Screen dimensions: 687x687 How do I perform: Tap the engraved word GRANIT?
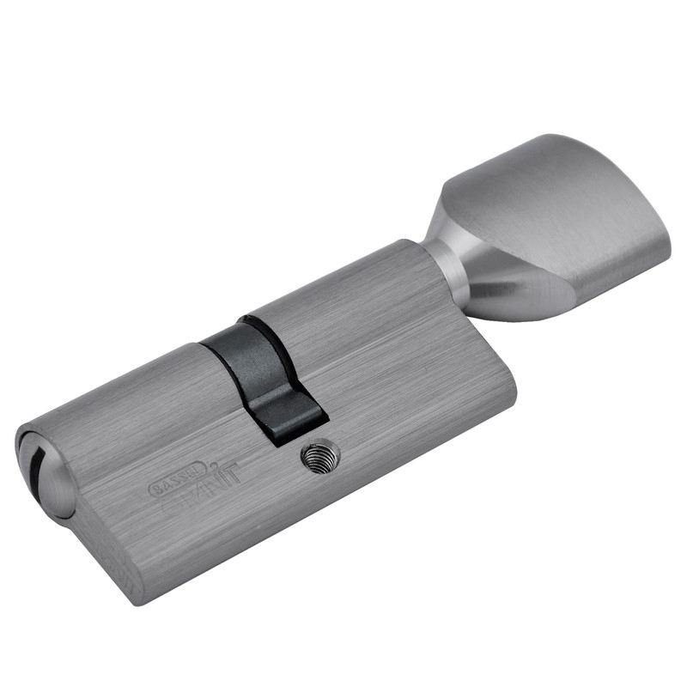pos(202,481)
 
